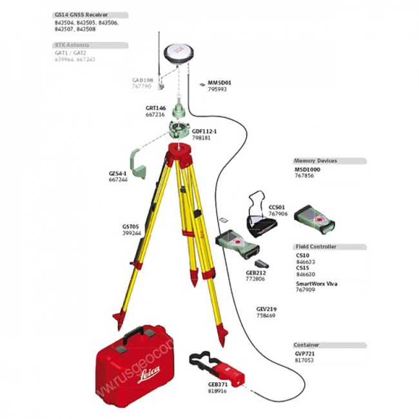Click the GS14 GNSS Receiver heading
click(x=81, y=15)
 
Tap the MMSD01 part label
click(x=219, y=83)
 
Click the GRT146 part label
click(x=155, y=108)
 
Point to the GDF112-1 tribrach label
click(x=206, y=131)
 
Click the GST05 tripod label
click(x=131, y=226)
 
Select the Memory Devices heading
click(x=316, y=161)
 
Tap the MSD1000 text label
click(x=307, y=169)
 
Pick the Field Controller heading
click(x=316, y=247)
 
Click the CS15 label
click(x=302, y=268)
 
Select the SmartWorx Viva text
click(x=317, y=284)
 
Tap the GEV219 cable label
click(x=266, y=309)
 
